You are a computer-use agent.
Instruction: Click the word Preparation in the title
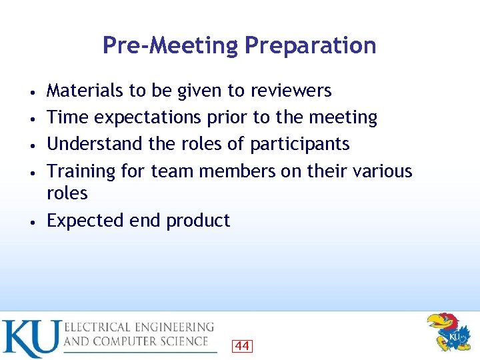(x=310, y=46)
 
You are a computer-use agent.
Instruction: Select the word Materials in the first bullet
(x=85, y=91)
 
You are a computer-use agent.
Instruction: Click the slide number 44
(x=242, y=345)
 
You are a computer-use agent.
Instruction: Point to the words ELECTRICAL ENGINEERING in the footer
(x=139, y=327)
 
